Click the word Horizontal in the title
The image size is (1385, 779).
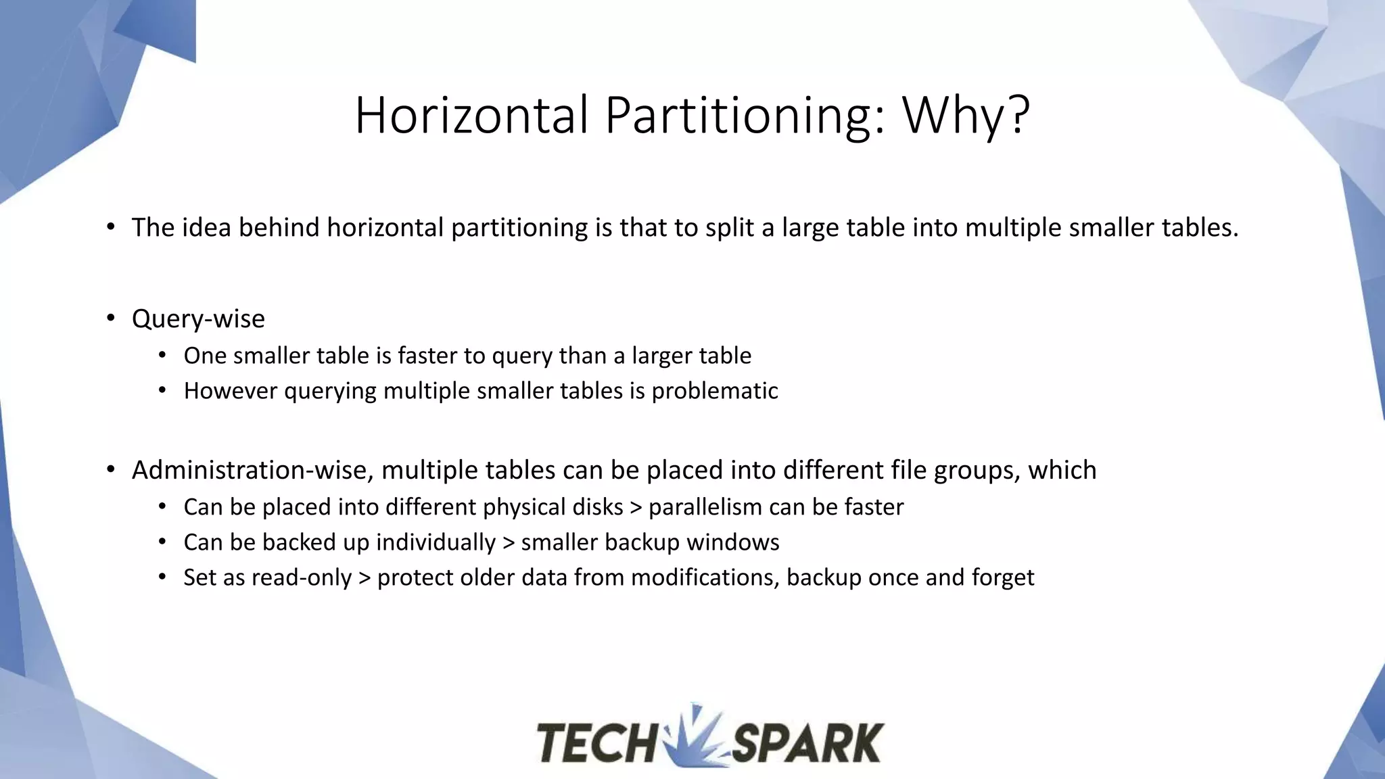[x=471, y=115]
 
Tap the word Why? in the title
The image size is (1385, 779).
[x=966, y=115]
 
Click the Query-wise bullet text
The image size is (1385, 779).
[x=198, y=318]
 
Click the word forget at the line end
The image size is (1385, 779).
[x=1003, y=577]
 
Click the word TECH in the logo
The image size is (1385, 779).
[x=596, y=743]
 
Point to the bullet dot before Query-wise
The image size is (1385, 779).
[x=111, y=318]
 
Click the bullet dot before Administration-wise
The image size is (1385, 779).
[x=111, y=470]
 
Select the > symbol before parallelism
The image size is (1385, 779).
[x=636, y=507]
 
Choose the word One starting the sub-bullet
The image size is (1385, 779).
[x=205, y=356]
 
